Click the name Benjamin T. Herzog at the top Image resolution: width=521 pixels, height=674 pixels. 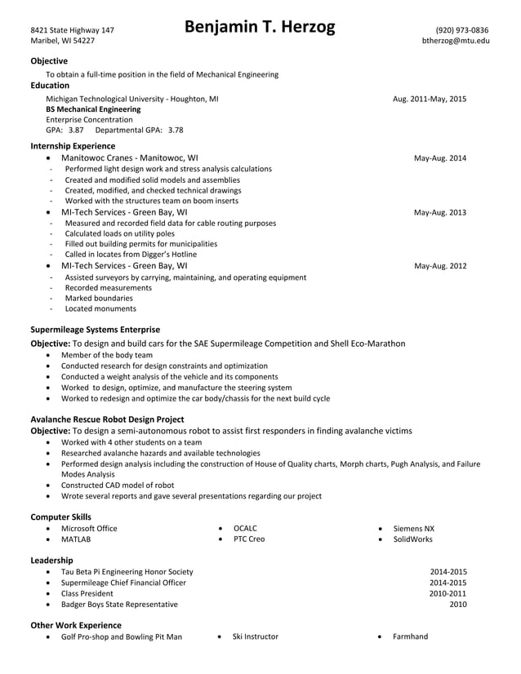(x=260, y=29)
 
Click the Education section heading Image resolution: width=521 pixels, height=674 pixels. (x=50, y=85)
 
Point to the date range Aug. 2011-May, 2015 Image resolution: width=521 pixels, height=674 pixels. (x=430, y=99)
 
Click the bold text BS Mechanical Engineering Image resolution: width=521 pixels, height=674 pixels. (x=93, y=109)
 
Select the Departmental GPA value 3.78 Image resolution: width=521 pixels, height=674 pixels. (x=175, y=130)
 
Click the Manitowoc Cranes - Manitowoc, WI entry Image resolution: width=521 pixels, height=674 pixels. (x=129, y=158)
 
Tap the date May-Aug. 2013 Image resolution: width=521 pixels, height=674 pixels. (x=440, y=212)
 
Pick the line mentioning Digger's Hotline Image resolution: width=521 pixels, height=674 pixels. (x=131, y=255)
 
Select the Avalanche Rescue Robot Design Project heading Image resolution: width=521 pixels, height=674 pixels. (x=107, y=419)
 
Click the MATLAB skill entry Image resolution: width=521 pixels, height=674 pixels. (x=76, y=539)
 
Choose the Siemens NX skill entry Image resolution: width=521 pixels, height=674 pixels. (x=413, y=529)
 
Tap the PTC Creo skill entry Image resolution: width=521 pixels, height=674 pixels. (x=249, y=539)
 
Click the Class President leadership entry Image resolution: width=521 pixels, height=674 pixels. (x=87, y=593)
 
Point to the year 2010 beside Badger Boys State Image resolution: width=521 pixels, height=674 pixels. (x=457, y=605)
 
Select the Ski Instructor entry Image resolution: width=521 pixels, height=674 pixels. (x=255, y=636)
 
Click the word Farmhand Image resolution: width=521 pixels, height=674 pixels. (x=410, y=636)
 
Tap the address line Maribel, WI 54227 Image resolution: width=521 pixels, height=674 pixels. (x=62, y=41)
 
